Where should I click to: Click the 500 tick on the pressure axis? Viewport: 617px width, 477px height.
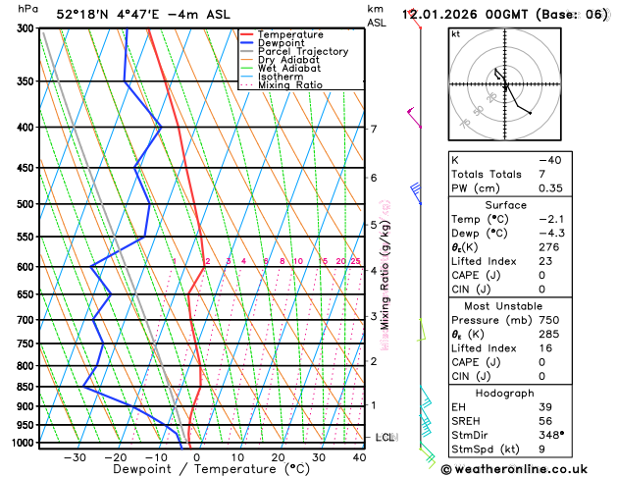pyautogui.click(x=26, y=204)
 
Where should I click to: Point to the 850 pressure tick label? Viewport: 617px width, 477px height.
pyautogui.click(x=26, y=387)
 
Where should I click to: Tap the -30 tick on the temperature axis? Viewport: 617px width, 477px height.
pyautogui.click(x=75, y=457)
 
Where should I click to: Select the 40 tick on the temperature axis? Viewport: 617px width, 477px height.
pyautogui.click(x=359, y=457)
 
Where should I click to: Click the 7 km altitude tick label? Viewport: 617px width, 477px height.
pyautogui.click(x=373, y=129)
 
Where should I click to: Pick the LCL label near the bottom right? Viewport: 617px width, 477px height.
pyautogui.click(x=385, y=437)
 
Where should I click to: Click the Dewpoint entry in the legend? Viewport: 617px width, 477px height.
pyautogui.click(x=279, y=43)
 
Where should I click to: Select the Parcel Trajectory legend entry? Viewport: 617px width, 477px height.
pyautogui.click(x=302, y=51)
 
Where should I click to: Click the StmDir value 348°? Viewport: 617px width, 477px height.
pyautogui.click(x=551, y=434)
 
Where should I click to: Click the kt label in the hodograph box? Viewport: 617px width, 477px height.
pyautogui.click(x=455, y=33)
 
